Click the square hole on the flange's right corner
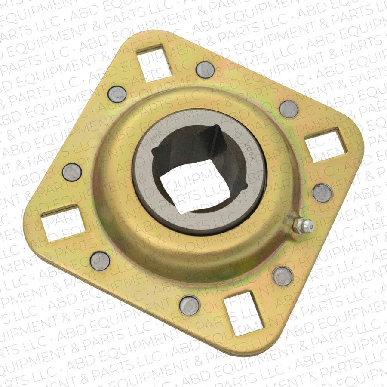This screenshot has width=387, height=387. pos(326,145)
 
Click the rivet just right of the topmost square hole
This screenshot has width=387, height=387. pos(205,70)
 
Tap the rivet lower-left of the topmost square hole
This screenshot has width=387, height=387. pos(117,94)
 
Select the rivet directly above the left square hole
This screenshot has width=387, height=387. pos(72,172)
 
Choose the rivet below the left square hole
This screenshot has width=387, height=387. pos(100,261)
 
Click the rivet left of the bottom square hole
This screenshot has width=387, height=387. pos(190,305)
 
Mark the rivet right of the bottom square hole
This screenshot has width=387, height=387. pos(283,276)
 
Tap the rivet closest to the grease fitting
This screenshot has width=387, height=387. pos(322,193)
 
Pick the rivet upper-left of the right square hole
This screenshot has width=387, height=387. pos(289,109)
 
